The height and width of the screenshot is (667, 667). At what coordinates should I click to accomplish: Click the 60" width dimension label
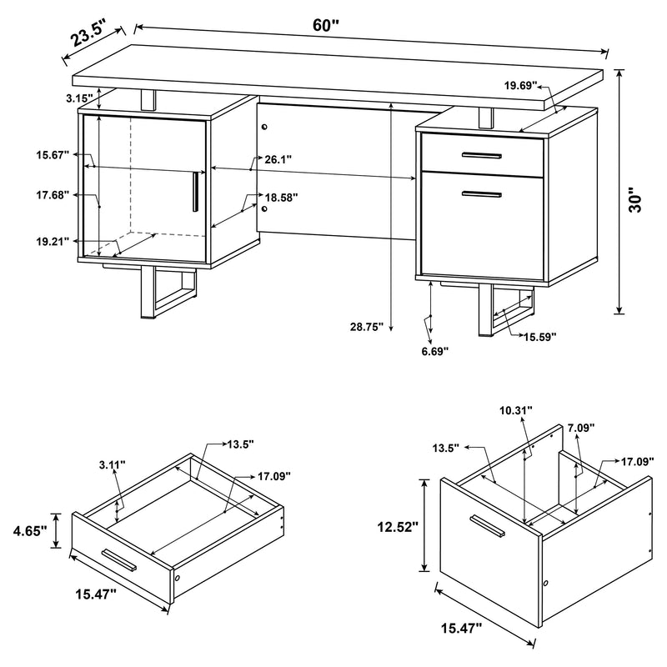326,25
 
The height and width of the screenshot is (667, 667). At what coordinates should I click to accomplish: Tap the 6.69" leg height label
434,351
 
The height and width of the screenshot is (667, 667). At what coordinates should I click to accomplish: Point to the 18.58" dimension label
280,198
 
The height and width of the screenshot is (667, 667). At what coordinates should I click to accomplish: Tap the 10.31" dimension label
516,410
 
